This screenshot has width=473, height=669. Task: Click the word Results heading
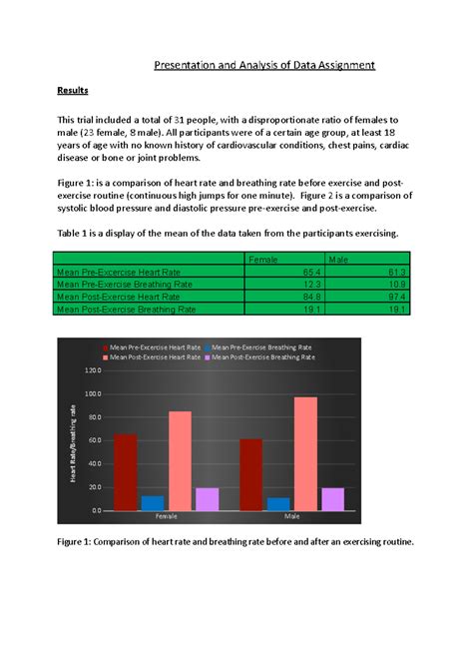pos(72,91)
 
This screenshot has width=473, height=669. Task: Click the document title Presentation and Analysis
pos(264,66)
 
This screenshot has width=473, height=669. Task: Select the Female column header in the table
pos(263,260)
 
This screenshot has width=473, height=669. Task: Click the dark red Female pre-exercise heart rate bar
pos(126,471)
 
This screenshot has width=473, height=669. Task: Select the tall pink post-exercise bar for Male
pos(305,453)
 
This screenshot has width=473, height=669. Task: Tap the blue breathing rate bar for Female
pos(153,503)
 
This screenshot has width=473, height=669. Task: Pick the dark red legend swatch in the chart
pos(105,346)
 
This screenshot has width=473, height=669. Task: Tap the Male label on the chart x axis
pos(292,517)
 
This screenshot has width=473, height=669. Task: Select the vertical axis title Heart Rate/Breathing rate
pos(73,445)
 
